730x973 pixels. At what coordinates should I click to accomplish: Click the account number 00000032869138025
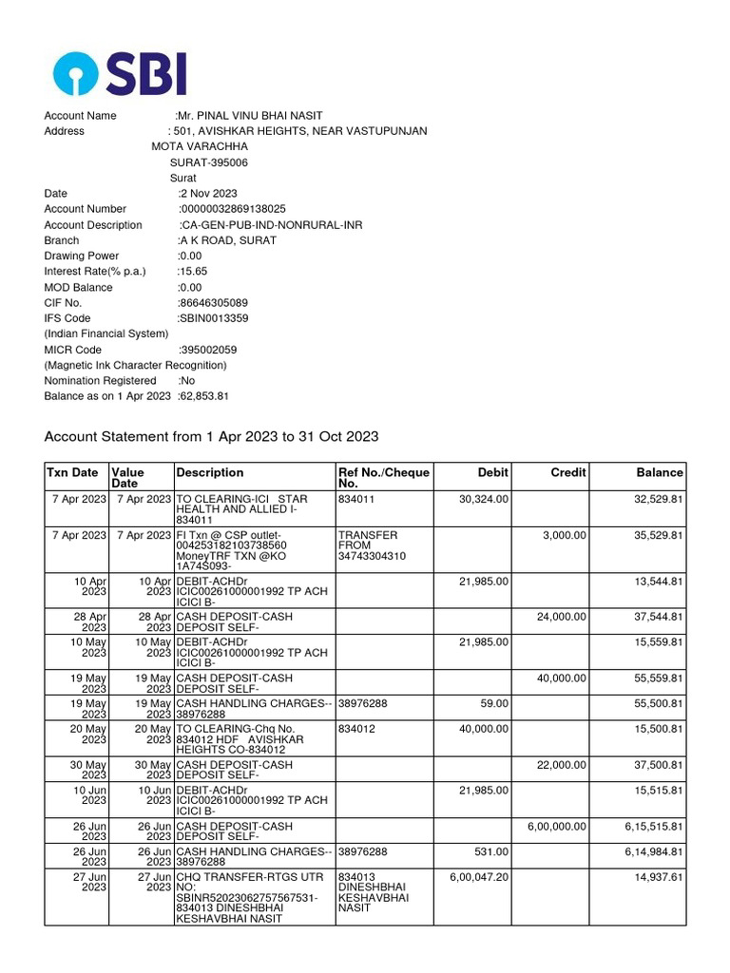[233, 209]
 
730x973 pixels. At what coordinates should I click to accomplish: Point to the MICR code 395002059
[208, 350]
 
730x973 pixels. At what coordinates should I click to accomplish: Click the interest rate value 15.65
[192, 272]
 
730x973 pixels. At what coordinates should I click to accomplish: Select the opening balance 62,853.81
[204, 396]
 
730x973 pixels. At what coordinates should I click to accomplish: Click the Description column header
[209, 472]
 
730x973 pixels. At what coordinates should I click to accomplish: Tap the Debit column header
[492, 472]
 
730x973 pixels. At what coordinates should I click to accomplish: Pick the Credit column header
[568, 472]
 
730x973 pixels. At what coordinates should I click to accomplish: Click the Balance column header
[660, 472]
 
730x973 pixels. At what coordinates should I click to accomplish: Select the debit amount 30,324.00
[484, 499]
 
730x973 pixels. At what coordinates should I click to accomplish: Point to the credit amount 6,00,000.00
[558, 827]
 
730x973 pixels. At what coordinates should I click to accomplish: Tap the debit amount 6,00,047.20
[479, 876]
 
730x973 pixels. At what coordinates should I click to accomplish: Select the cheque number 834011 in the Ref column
[355, 499]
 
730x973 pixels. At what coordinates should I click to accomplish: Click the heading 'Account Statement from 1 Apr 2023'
[211, 437]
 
